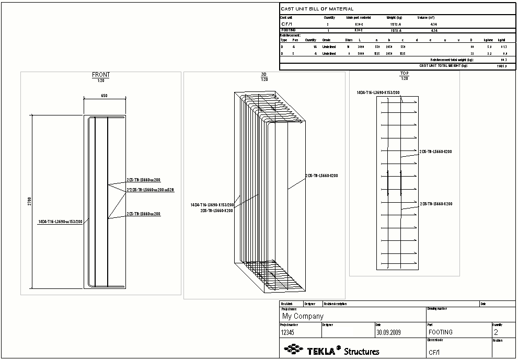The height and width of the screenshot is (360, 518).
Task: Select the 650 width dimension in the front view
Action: click(105, 96)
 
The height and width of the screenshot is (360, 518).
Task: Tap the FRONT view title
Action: click(101, 75)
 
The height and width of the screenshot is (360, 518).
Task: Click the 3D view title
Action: click(264, 75)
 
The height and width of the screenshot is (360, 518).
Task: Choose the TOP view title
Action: click(404, 74)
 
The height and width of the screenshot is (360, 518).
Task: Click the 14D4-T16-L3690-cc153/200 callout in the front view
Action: click(60, 222)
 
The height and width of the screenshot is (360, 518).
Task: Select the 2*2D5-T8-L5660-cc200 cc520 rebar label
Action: click(150, 190)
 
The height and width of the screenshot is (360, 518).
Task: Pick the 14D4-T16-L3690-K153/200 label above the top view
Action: click(378, 92)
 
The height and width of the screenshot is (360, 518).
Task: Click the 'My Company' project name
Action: click(303, 316)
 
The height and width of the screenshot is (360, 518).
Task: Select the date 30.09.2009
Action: click(392, 332)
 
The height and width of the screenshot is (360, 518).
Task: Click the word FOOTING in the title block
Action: click(440, 332)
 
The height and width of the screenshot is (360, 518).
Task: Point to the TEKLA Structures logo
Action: click(331, 350)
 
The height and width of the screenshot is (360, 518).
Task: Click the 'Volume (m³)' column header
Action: click(426, 17)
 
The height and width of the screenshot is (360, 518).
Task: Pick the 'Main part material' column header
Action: click(358, 17)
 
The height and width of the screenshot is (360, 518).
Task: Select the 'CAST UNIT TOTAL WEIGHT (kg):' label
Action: click(443, 66)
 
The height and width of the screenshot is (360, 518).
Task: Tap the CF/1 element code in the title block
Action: click(434, 352)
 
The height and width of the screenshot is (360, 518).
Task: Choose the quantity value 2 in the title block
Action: click(496, 332)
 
